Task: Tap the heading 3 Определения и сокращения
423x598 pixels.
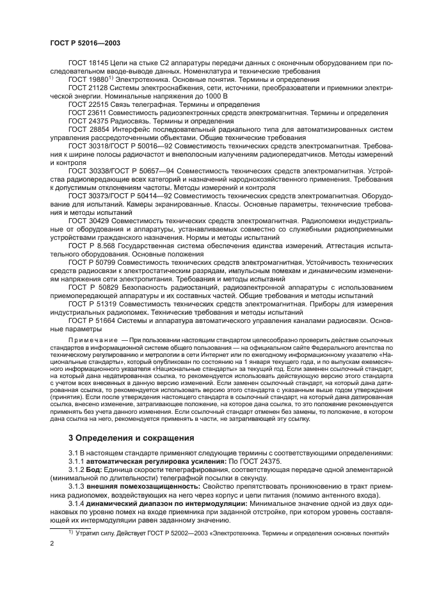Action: [131, 438]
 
